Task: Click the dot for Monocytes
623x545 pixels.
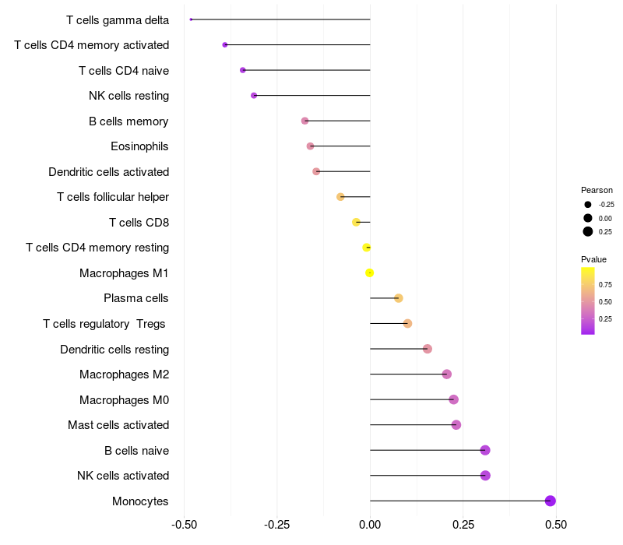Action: coord(550,501)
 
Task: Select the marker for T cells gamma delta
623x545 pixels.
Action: coord(191,19)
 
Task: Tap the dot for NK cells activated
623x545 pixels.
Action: coord(485,476)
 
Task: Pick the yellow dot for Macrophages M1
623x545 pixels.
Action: coord(370,272)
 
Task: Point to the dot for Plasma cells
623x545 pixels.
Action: coord(399,298)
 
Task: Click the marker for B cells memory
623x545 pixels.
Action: coord(304,121)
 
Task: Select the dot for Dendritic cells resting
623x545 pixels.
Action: coord(427,349)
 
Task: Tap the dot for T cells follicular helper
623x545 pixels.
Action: coord(340,197)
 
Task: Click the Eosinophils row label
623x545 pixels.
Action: coord(139,146)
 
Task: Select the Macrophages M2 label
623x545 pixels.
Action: coord(124,374)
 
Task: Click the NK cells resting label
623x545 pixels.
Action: coord(128,96)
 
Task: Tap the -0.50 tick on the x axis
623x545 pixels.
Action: coord(184,525)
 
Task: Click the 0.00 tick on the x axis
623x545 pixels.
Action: coord(370,525)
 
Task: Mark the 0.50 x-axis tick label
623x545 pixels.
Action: coord(556,525)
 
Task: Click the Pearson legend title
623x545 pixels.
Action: coord(597,190)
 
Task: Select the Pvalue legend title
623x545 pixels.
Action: coord(593,259)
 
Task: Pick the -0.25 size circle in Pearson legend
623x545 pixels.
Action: coord(588,205)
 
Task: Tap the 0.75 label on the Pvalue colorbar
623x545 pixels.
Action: coord(605,284)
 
